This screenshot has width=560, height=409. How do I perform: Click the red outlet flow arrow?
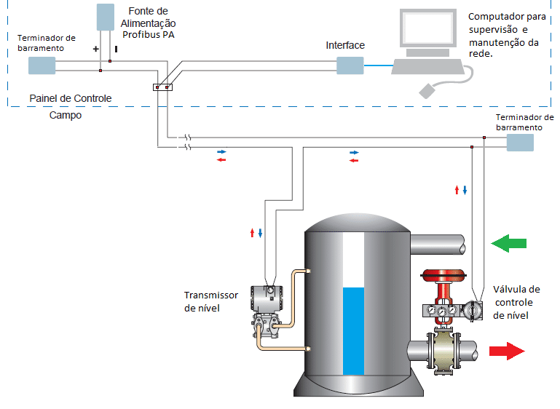[508, 352]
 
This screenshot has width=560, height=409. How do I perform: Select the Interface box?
[350, 65]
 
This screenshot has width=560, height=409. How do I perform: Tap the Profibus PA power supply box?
[106, 16]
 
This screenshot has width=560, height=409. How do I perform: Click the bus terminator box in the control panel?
[42, 65]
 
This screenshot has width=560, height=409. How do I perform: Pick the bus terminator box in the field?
[520, 142]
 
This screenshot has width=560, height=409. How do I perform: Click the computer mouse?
[427, 90]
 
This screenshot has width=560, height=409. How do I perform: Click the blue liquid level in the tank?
[352, 331]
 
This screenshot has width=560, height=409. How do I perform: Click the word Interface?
[345, 45]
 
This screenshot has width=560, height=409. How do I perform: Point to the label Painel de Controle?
[71, 98]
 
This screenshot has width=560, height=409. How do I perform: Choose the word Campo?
[66, 115]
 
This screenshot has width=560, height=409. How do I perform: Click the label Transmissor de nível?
[210, 301]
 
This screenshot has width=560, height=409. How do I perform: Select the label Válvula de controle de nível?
[516, 302]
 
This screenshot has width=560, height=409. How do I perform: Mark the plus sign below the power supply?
[95, 49]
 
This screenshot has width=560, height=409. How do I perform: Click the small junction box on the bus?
[162, 88]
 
